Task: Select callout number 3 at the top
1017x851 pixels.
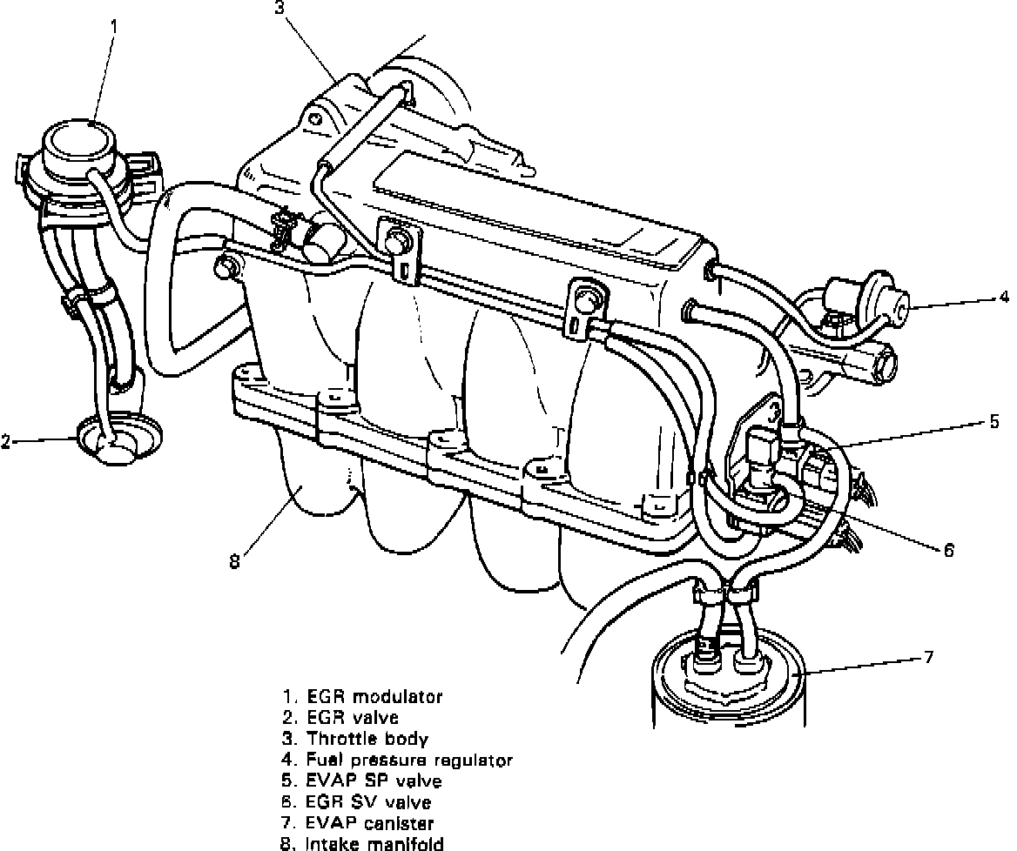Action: tap(279, 9)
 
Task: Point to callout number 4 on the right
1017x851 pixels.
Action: tap(1004, 297)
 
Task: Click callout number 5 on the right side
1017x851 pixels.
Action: tap(993, 423)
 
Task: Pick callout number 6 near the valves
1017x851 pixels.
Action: tap(948, 549)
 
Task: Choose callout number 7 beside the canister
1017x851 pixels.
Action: tap(929, 656)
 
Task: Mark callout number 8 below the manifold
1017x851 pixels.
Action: tap(233, 561)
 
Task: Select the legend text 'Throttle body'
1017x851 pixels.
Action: tap(367, 740)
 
